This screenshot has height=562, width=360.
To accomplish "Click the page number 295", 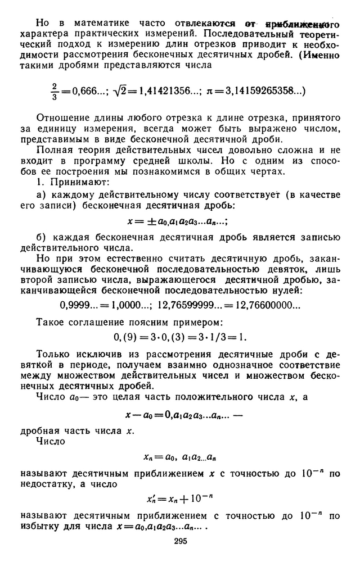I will (x=180, y=542).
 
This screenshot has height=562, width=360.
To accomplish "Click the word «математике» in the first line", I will (x=99, y=24).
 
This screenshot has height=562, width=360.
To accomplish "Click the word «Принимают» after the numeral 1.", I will (x=80, y=183).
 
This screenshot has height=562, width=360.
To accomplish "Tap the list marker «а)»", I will (x=41, y=196).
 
